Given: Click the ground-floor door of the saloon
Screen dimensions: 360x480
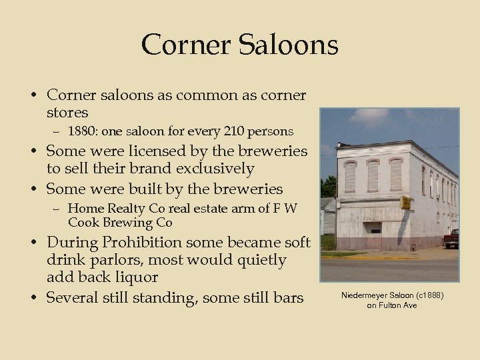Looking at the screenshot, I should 376,230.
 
